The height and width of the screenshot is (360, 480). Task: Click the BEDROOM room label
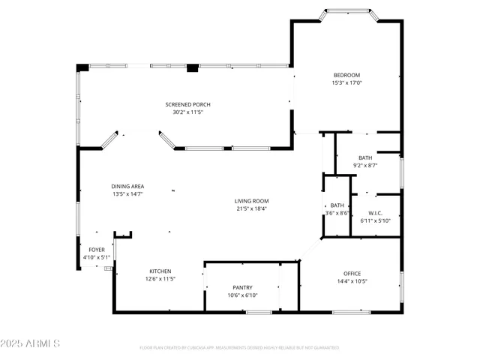[346, 75]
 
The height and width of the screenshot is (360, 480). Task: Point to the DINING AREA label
[128, 186]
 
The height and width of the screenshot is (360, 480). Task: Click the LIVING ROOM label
[251, 201]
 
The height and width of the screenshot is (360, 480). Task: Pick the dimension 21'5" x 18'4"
[251, 208]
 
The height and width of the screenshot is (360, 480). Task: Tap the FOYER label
[97, 250]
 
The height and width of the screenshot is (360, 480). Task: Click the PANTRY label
[242, 287]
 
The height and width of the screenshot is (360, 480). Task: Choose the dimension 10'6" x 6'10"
[242, 295]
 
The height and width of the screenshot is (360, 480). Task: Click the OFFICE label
[352, 274]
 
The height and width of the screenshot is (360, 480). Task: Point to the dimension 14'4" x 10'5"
[352, 282]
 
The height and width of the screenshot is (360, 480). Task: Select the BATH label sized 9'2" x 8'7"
[364, 157]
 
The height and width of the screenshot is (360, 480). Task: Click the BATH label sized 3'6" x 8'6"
[337, 205]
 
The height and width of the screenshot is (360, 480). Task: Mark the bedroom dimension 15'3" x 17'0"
[346, 83]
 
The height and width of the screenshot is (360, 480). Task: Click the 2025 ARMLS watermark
[31, 343]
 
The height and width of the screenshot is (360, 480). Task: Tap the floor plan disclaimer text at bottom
[239, 347]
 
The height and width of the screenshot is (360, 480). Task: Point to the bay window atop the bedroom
[346, 12]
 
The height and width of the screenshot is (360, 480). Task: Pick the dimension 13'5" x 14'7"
[128, 194]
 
